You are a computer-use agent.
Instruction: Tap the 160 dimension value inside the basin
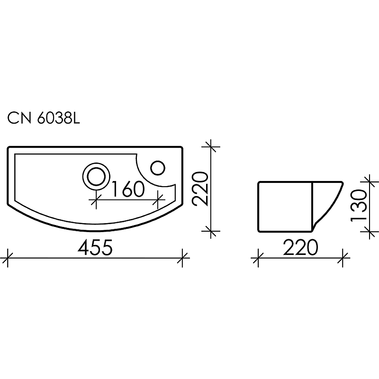coord(128,189)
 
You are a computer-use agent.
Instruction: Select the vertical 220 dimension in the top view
coord(200,188)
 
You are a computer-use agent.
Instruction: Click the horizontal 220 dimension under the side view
coord(300,248)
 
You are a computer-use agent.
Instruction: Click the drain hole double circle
coord(96,177)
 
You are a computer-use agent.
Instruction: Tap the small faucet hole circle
coord(158,168)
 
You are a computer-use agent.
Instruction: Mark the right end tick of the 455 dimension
coord(183,258)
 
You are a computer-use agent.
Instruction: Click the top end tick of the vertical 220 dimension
coord(210,147)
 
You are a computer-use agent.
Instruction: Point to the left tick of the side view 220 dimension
coord(257,259)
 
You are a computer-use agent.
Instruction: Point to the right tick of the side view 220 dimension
coord(343,259)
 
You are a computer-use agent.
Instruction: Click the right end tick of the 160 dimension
coord(158,201)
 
